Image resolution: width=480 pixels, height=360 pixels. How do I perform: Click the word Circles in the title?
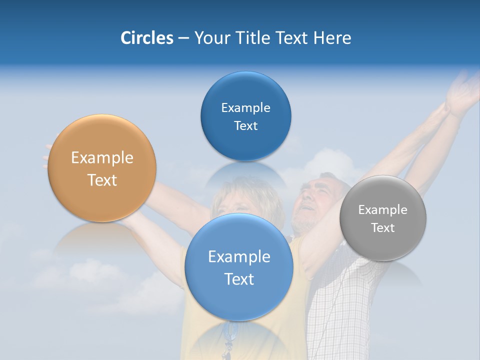point(147,38)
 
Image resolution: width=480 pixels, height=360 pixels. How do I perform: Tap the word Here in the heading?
point(332,38)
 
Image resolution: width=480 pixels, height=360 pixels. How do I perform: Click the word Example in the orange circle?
point(102,158)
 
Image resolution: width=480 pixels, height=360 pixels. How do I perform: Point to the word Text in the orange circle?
point(102,180)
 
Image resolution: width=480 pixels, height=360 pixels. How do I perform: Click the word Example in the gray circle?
point(383,210)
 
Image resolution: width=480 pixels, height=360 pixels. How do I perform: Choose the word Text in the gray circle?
point(383,228)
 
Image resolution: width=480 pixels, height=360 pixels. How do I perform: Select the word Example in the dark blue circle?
point(246,108)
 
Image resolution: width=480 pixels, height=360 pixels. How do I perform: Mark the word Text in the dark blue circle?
point(246,126)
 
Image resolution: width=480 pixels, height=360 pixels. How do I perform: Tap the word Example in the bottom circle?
point(239,257)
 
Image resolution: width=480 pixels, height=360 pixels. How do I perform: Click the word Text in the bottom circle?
point(239,279)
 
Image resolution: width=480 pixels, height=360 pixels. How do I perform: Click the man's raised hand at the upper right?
point(462,92)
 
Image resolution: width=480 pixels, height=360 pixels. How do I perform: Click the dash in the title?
point(183,38)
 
